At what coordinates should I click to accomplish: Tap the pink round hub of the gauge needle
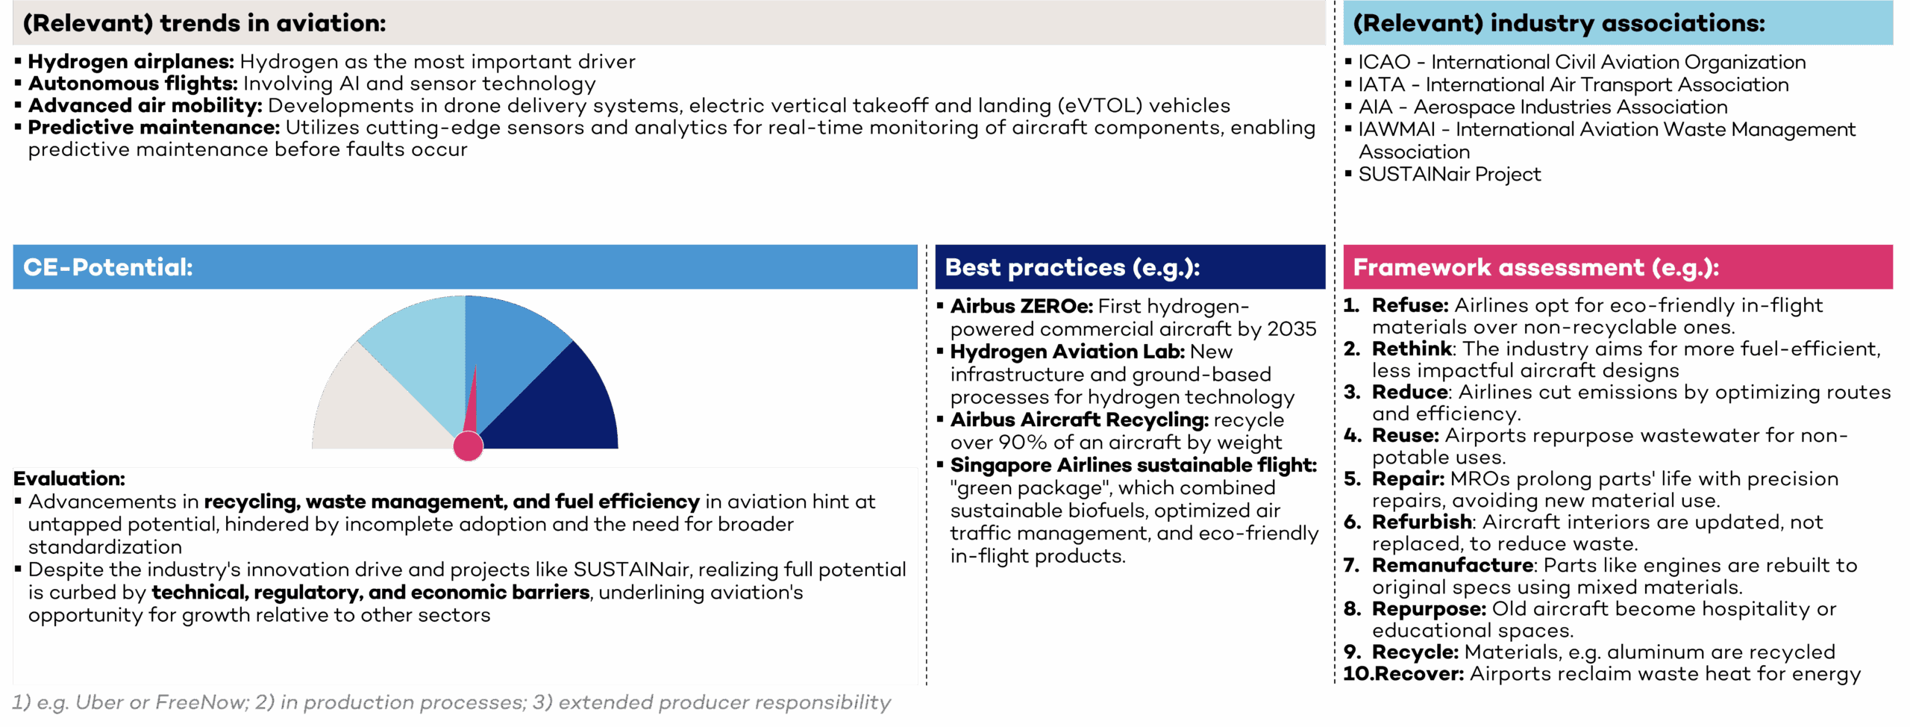[x=469, y=446]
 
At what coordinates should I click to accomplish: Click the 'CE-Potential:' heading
[x=108, y=267]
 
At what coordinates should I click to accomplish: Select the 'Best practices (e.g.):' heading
[x=1072, y=267]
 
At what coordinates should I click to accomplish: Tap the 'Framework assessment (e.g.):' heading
[x=1536, y=267]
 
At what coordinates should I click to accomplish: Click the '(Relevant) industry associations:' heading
[x=1559, y=23]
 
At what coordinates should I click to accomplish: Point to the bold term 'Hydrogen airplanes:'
[x=131, y=61]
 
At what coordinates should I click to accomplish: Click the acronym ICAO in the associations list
[x=1385, y=62]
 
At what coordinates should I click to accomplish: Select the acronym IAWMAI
[x=1397, y=129]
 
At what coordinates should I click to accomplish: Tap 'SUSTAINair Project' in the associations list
[x=1450, y=174]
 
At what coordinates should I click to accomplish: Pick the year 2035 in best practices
[x=1291, y=329]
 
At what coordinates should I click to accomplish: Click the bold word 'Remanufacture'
[x=1453, y=565]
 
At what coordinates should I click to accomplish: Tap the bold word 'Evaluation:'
[x=69, y=478]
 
